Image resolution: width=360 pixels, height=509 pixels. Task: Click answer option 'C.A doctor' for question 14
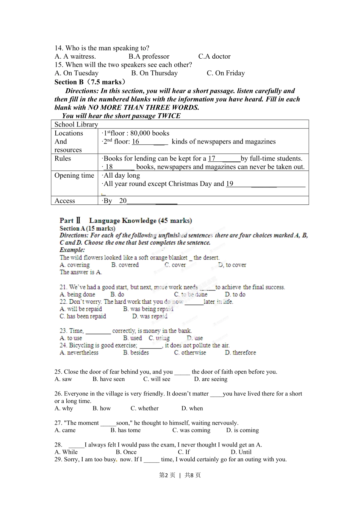[x=214, y=56]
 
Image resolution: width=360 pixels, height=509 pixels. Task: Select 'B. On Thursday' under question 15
[x=154, y=73]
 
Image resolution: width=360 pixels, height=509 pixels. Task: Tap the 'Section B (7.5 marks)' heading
[x=90, y=82]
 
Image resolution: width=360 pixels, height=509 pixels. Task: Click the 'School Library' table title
[x=76, y=125]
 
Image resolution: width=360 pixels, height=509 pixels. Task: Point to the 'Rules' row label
[x=63, y=158]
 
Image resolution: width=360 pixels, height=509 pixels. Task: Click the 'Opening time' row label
[x=74, y=175]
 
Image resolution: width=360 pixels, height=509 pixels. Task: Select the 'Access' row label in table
[x=64, y=201]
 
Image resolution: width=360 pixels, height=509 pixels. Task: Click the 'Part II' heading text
[x=70, y=220]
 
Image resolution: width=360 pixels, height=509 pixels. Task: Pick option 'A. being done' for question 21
[x=77, y=294]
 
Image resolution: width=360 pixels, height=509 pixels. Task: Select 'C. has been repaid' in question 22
[x=83, y=316]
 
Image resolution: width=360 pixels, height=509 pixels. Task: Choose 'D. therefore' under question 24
[x=240, y=353]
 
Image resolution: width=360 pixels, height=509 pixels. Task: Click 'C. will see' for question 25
[x=157, y=379]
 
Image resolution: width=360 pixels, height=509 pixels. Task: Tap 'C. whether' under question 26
[x=144, y=408]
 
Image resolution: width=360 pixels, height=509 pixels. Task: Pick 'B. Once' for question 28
[x=126, y=452]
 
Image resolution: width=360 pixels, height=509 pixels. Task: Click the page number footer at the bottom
[x=180, y=475]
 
